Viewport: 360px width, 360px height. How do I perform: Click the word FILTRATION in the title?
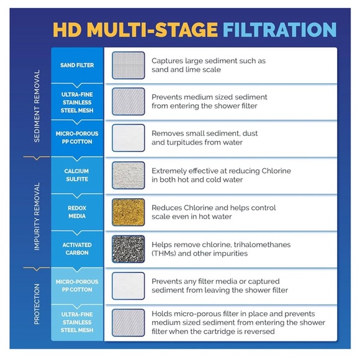point(280,30)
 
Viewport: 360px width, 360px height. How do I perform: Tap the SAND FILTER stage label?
point(77,65)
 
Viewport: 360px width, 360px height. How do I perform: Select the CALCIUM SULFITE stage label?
point(77,175)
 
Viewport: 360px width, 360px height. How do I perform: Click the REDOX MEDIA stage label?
point(77,212)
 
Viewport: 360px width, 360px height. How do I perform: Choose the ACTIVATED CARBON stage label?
point(77,249)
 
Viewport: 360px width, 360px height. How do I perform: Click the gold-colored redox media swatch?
point(128,212)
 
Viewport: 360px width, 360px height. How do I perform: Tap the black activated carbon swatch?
point(128,249)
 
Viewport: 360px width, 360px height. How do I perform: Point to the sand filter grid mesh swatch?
point(128,65)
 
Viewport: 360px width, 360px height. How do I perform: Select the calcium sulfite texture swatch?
point(128,176)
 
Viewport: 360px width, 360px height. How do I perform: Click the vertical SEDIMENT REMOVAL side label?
point(37,106)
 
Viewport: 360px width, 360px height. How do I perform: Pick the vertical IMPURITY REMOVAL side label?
point(37,217)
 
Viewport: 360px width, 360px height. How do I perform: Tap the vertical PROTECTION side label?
point(37,304)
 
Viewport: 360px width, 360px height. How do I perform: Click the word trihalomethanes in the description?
point(262,245)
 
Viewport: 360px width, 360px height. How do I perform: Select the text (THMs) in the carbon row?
point(164,253)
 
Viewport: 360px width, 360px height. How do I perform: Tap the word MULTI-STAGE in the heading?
point(153,30)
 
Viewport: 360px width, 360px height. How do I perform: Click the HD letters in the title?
point(67,30)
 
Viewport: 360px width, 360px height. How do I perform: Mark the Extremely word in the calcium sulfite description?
point(169,171)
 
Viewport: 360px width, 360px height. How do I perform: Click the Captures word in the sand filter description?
point(167,61)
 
